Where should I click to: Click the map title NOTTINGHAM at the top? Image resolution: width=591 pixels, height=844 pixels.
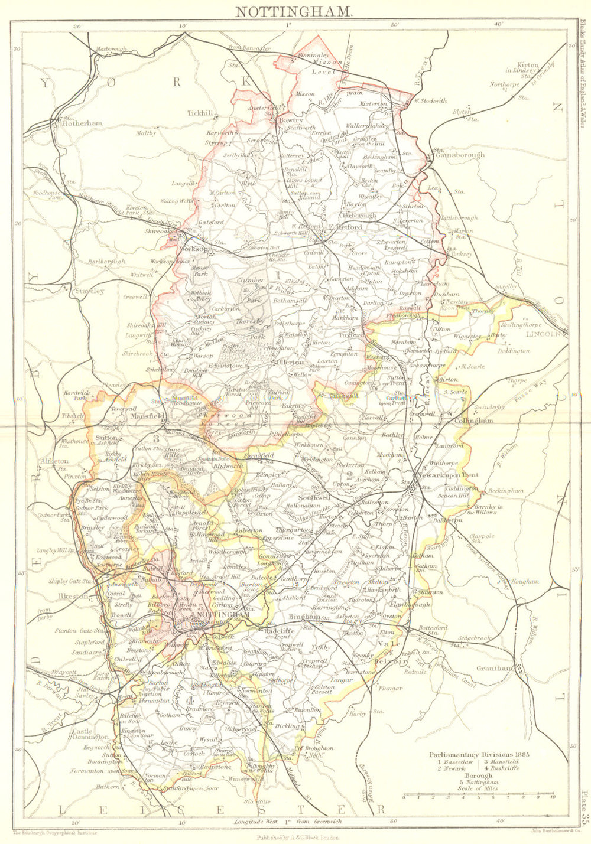point(294,10)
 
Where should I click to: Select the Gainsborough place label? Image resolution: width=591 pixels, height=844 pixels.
point(460,155)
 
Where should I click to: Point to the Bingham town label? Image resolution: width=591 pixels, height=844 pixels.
point(304,617)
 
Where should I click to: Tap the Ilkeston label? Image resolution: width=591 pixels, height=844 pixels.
point(73,596)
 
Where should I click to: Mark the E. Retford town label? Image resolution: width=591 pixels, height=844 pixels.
point(345,227)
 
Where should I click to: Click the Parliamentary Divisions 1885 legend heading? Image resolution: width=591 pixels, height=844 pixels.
point(478,755)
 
